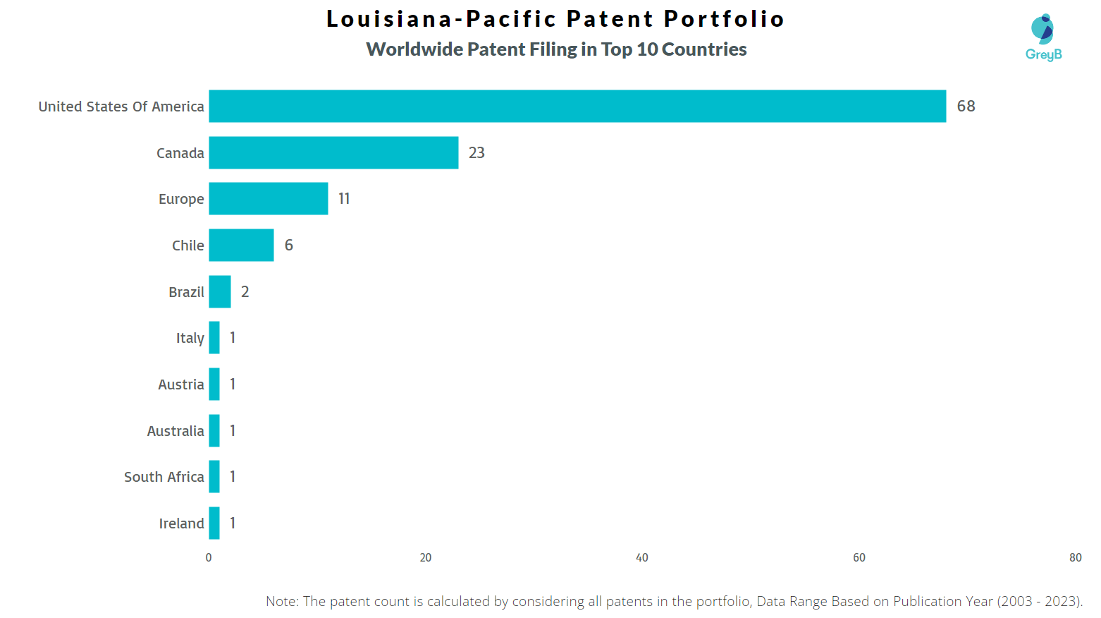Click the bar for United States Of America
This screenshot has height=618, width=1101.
pyautogui.click(x=577, y=107)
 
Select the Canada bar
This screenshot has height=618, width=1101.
pyautogui.click(x=333, y=153)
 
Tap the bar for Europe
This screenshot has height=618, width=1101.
pyautogui.click(x=268, y=199)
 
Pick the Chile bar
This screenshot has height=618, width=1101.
pyautogui.click(x=241, y=246)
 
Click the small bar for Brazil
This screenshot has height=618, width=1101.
pyautogui.click(x=220, y=292)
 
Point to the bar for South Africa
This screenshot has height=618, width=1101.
pyautogui.click(x=214, y=477)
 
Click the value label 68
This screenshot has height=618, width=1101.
pyautogui.click(x=966, y=107)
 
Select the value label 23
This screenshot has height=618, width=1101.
pyautogui.click(x=476, y=153)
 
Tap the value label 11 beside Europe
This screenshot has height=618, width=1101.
pyautogui.click(x=344, y=199)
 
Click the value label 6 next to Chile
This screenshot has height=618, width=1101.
pyautogui.click(x=288, y=246)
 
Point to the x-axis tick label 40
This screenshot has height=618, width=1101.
pyautogui.click(x=641, y=558)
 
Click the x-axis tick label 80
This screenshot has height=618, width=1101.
pyautogui.click(x=1075, y=558)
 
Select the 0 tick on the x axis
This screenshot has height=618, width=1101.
pyautogui.click(x=209, y=558)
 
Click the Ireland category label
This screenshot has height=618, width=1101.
pyautogui.click(x=181, y=523)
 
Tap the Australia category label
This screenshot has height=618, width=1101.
pyautogui.click(x=176, y=431)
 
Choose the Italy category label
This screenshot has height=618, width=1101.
pyautogui.click(x=190, y=339)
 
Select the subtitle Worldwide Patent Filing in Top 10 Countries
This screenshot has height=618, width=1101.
pyautogui.click(x=556, y=49)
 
